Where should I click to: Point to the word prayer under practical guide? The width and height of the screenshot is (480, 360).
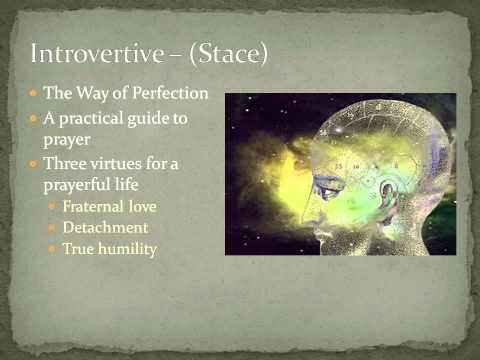tap(66, 138)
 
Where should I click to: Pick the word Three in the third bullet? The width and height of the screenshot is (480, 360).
tap(64, 163)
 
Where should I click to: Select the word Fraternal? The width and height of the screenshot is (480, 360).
tap(90, 206)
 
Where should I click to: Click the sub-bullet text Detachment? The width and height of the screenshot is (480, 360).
tap(105, 228)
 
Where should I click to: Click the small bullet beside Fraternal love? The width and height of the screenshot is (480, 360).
tap(53, 206)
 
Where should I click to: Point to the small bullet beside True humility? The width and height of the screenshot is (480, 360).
tap(53, 249)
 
